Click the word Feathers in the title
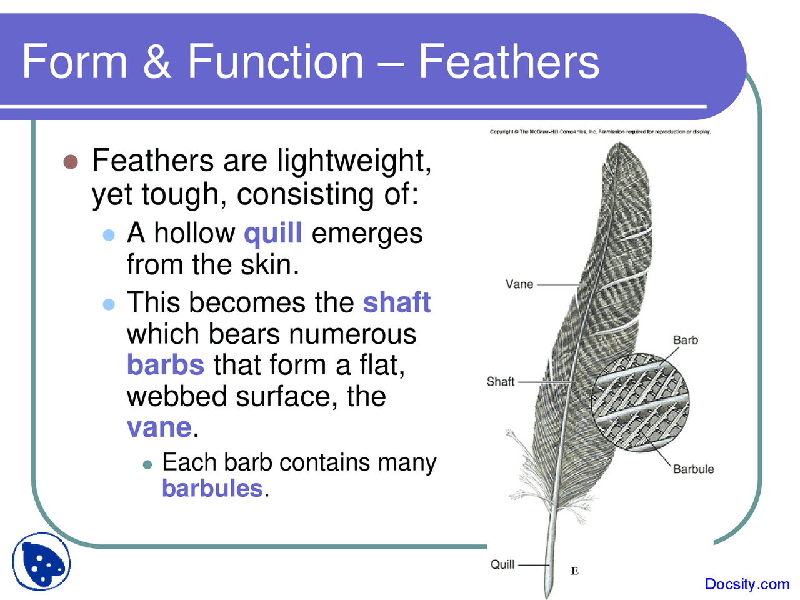point(509,61)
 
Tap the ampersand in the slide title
point(157,61)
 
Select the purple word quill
point(273,233)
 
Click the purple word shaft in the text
point(397,302)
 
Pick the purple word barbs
point(166,364)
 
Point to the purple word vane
point(159,427)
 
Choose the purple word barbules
point(212,487)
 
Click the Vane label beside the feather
point(519,284)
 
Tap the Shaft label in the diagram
point(500,381)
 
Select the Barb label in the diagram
point(685,340)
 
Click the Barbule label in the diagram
point(693,469)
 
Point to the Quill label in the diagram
point(502,564)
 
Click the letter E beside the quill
point(575,571)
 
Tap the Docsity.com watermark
point(747,584)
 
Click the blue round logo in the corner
point(41,561)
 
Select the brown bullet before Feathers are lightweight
point(71,162)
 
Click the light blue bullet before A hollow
point(109,235)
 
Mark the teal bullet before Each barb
point(147,464)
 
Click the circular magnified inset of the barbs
point(640,402)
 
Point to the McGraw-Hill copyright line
point(600,131)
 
